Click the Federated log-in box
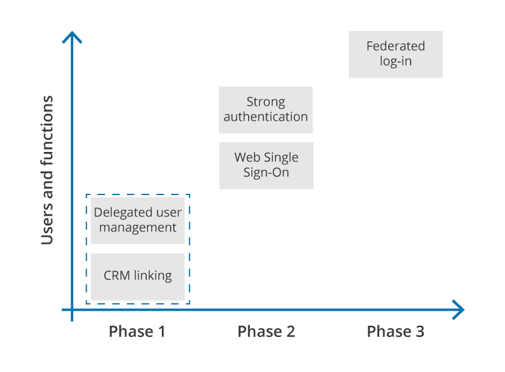point(395,54)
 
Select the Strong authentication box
point(266,110)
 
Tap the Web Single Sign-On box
point(266,165)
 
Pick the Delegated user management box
point(137,220)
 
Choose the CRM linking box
point(137,276)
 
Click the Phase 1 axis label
point(137,331)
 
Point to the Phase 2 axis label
point(266,331)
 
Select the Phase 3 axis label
point(396,331)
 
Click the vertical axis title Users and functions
point(47,170)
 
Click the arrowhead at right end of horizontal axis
point(459,309)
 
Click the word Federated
point(396,46)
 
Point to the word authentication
point(266,117)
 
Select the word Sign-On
point(266,173)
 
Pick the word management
point(137,228)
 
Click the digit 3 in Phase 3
point(419,331)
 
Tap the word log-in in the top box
point(396,62)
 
